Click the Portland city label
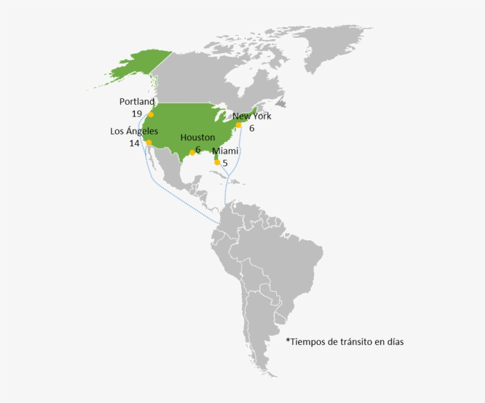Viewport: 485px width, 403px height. pyautogui.click(x=137, y=102)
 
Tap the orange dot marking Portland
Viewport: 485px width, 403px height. pyautogui.click(x=151, y=114)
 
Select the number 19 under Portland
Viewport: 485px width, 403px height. pyautogui.click(x=137, y=114)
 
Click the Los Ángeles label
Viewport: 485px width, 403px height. pyautogui.click(x=134, y=131)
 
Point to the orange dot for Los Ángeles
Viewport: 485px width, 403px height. pyautogui.click(x=148, y=143)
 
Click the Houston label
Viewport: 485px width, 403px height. pyautogui.click(x=198, y=137)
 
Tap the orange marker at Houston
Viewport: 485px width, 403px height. pyautogui.click(x=192, y=152)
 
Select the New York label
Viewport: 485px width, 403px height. pyautogui.click(x=252, y=116)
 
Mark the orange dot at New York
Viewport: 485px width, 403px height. pyautogui.click(x=238, y=125)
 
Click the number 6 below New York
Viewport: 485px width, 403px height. pyautogui.click(x=251, y=128)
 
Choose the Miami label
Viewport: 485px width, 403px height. pyautogui.click(x=225, y=151)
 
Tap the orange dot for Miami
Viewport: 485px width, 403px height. pyautogui.click(x=217, y=162)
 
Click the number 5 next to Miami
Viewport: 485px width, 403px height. pyautogui.click(x=225, y=163)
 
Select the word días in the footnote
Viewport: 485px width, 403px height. pyautogui.click(x=395, y=341)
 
